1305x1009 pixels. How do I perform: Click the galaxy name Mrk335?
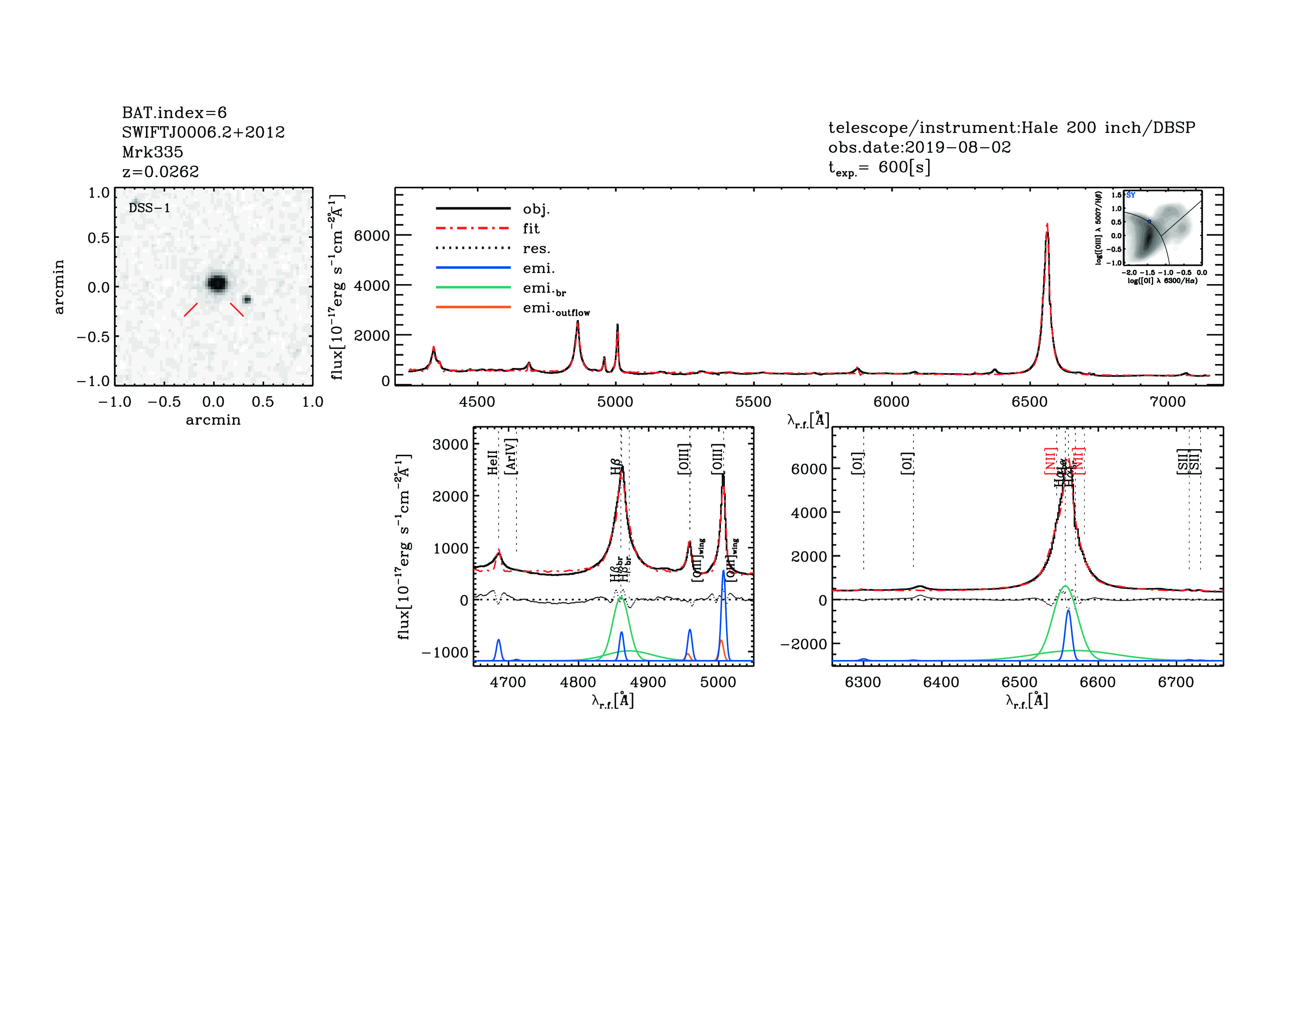pos(152,152)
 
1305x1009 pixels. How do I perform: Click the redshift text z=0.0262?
pos(160,172)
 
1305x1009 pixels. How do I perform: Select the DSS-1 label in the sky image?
pos(149,208)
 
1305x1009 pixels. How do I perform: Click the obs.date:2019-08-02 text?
pos(919,147)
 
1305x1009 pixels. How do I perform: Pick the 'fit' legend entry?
pos(531,228)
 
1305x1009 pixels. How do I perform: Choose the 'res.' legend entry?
pos(536,248)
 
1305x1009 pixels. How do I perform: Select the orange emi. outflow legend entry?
pos(556,309)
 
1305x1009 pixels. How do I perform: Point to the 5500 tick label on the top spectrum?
pos(753,402)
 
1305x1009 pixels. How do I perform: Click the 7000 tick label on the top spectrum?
pos(1167,402)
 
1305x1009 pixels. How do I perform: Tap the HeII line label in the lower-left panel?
pos(492,463)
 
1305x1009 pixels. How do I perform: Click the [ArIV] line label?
pos(511,457)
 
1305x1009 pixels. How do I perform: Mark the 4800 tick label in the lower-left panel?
pos(578,683)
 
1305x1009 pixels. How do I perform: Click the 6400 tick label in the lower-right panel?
pos(941,683)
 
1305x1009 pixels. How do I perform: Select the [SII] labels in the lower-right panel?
pos(1188,461)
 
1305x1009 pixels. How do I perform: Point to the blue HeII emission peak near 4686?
pos(498,641)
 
